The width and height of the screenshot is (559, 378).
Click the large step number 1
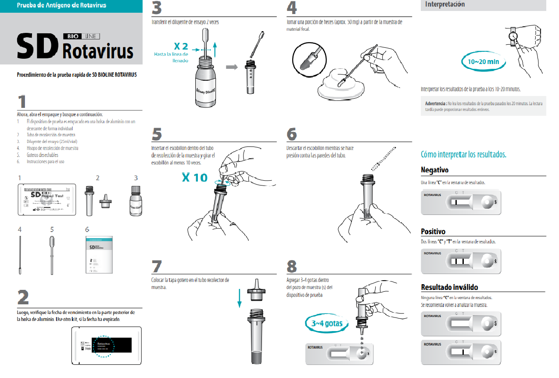22,101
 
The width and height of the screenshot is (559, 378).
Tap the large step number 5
157,134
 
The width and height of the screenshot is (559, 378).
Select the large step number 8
291,266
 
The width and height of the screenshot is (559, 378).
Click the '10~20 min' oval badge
483,62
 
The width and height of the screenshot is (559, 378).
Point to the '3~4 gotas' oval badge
327,324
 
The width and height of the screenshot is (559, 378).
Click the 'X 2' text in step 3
181,46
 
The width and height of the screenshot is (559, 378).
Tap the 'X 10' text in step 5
194,178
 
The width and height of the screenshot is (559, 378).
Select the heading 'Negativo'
434,170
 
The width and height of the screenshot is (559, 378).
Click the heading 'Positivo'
433,232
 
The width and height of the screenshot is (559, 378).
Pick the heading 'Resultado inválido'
449,287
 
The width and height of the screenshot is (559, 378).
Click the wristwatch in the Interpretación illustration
513,36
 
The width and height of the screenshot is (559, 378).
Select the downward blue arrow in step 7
240,298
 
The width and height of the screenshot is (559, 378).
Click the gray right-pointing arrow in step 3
232,67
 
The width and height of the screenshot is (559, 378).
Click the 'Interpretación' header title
444,4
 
